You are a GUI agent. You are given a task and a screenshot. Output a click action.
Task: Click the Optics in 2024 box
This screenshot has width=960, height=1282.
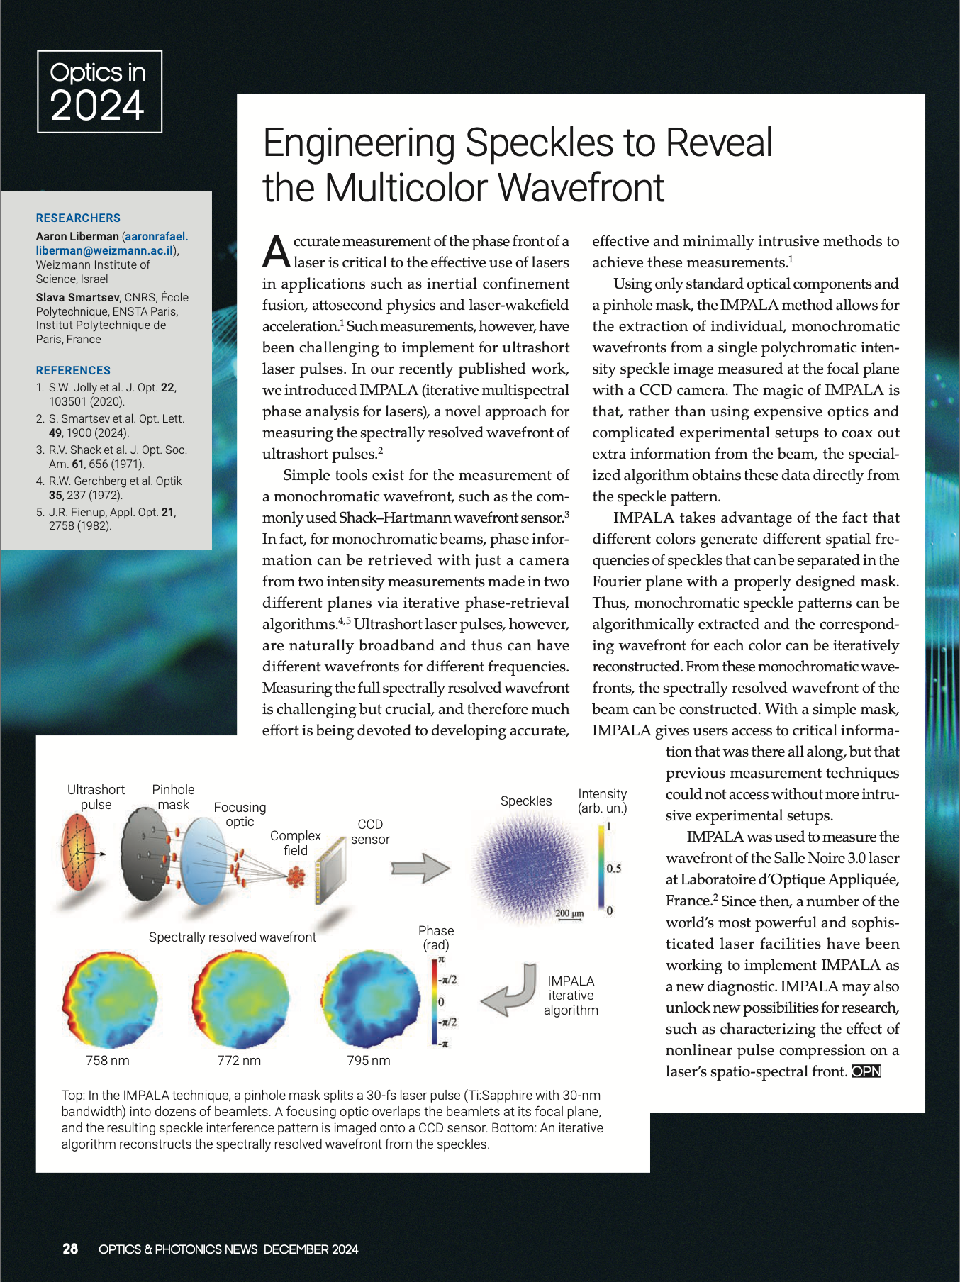coord(99,91)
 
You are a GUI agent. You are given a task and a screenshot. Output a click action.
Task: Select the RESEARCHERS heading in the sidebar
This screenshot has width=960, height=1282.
coord(78,218)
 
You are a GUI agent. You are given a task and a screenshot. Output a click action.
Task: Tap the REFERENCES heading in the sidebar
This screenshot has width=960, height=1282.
coord(73,370)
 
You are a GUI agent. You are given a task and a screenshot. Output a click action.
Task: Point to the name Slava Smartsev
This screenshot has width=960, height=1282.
coord(77,297)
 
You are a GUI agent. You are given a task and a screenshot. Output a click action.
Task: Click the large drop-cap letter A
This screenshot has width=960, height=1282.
coord(276,252)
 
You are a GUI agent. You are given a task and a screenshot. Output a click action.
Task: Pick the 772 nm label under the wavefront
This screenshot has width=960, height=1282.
coord(239,1061)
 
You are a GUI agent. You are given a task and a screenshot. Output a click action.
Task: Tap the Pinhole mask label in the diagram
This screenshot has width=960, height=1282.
coord(173,797)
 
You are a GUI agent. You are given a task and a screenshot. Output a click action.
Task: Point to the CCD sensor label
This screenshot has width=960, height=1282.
coord(370,832)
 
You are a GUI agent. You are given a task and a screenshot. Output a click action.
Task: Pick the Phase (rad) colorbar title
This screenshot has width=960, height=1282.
coord(436,937)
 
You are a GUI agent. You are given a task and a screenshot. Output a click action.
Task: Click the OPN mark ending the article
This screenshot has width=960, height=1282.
coord(866,1071)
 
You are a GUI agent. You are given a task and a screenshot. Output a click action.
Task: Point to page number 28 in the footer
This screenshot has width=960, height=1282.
coord(70,1249)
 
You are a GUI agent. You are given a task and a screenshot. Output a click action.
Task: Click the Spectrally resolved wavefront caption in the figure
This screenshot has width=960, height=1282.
coord(233,937)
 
